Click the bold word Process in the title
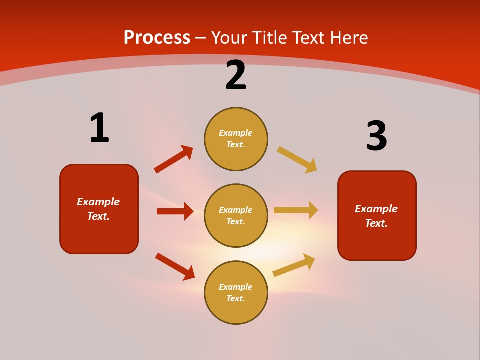coord(157,38)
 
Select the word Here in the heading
coord(348,38)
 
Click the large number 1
coord(99,128)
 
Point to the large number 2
coord(236,75)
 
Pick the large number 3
coord(376,136)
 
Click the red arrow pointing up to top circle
coord(174,159)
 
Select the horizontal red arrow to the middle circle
coord(175,211)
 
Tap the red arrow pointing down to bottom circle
coord(175,266)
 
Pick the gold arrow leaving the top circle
coord(297,160)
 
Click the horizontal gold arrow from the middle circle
coord(296,210)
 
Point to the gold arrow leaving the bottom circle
coord(294,265)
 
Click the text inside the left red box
coord(98,209)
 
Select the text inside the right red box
coord(376,216)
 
